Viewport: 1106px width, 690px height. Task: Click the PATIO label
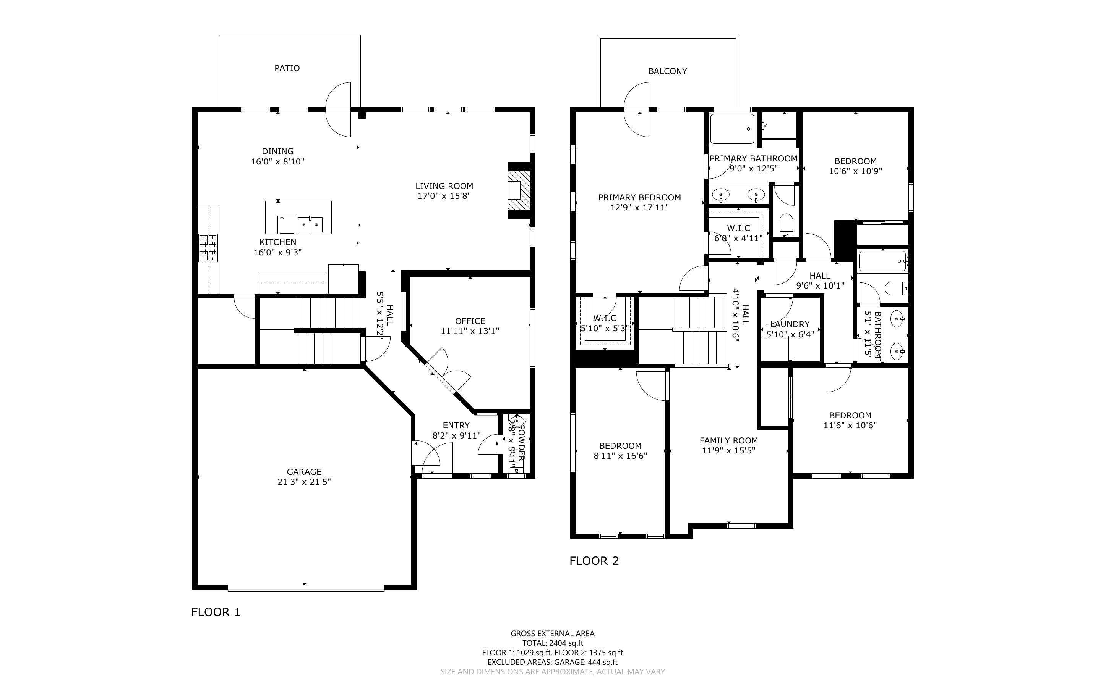287,68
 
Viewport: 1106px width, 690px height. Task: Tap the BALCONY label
667,71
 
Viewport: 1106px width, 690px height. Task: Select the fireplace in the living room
520,190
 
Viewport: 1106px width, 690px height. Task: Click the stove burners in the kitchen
208,248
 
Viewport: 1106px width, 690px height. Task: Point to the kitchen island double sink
310,224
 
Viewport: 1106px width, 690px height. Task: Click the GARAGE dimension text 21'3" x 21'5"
304,482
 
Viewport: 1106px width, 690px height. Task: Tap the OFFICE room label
470,321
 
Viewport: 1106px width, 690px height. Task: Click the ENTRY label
456,425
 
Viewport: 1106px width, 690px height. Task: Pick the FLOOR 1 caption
216,612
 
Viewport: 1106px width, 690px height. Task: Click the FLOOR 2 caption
594,561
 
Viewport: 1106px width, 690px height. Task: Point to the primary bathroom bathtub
732,129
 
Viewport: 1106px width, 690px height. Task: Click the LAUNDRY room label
790,324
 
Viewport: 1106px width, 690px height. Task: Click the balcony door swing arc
636,110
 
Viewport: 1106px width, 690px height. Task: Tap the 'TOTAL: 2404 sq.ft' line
552,643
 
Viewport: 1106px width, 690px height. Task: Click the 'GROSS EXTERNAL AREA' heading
552,634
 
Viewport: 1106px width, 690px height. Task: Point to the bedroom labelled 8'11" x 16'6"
620,450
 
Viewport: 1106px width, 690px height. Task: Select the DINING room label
277,151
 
